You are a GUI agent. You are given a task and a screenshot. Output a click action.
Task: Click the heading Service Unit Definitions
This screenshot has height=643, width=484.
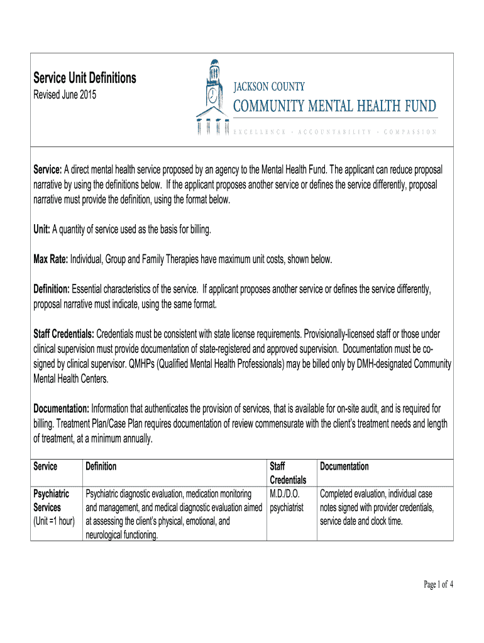tap(84, 78)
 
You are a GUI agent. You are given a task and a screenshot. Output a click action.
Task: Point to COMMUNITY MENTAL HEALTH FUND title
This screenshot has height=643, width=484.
tap(335, 106)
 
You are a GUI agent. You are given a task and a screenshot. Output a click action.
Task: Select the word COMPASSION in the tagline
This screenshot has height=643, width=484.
tap(409, 132)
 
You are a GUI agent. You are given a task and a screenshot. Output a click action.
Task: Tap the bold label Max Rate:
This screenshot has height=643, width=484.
tap(51, 259)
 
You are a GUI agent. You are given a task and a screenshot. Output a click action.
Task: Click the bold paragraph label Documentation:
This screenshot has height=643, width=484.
tap(61, 409)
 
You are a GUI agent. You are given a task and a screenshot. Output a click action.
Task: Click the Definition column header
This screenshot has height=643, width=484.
tap(101, 467)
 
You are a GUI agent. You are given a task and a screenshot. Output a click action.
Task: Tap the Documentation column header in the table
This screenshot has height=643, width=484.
tap(344, 467)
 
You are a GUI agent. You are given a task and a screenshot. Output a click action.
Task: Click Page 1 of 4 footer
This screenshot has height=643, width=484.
tap(438, 585)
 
